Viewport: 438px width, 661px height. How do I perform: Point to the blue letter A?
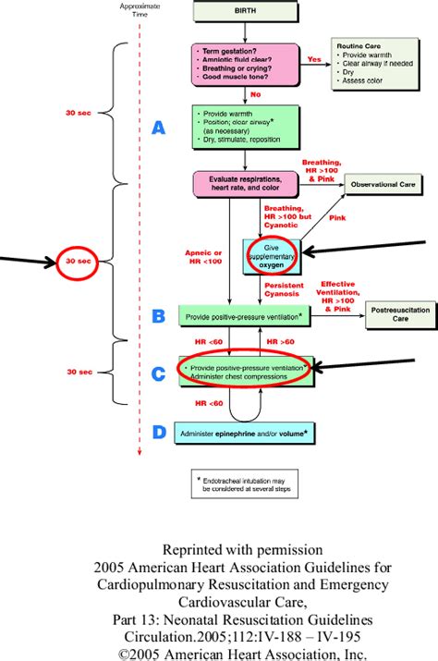point(158,129)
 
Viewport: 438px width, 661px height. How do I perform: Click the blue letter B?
point(158,316)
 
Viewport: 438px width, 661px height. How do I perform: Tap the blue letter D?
point(158,431)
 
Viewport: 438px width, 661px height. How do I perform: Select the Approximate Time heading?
point(139,9)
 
